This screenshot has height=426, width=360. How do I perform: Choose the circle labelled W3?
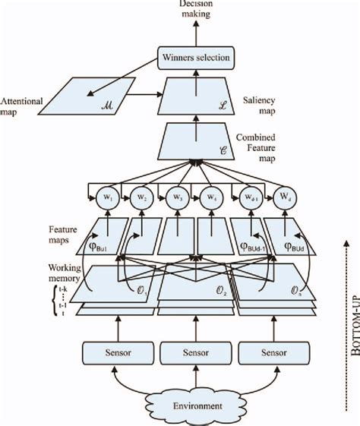click(176, 198)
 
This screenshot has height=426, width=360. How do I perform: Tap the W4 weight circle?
click(212, 198)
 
